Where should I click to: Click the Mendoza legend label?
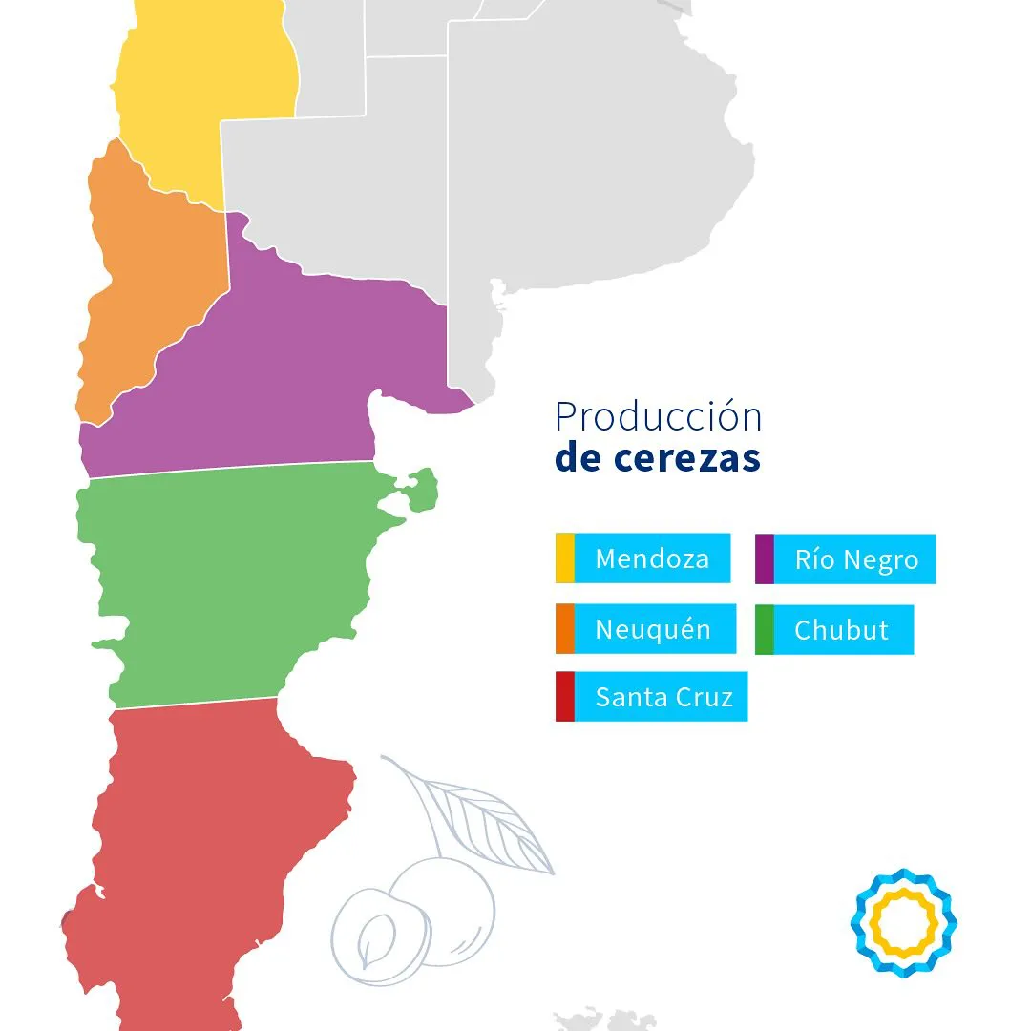(x=652, y=558)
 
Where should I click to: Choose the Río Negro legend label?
(x=855, y=559)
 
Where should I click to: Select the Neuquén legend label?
(x=653, y=629)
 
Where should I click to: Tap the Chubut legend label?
(x=841, y=630)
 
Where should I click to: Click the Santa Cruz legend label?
(x=663, y=697)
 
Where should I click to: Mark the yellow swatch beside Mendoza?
(x=565, y=558)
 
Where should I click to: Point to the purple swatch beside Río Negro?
(x=764, y=559)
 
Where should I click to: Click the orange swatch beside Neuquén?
(x=565, y=629)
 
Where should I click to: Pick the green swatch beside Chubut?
(x=764, y=630)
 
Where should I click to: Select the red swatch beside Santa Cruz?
(x=565, y=697)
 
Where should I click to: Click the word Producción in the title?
(x=659, y=418)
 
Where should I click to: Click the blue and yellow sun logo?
(x=903, y=922)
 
